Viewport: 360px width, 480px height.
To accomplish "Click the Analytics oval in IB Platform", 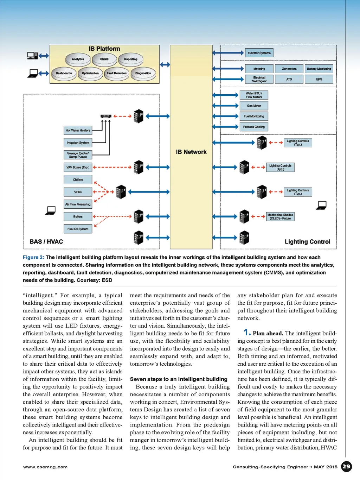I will (x=78, y=59).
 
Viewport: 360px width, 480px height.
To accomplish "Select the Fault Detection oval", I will (x=116, y=73).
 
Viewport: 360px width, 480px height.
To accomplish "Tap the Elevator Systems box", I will (x=259, y=53).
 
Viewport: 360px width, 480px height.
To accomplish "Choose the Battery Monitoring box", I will (x=319, y=69).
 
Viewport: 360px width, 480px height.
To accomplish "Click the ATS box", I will (x=289, y=79).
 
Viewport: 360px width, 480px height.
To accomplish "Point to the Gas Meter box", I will (x=254, y=106).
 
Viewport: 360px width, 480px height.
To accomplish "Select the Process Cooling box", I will (x=254, y=127).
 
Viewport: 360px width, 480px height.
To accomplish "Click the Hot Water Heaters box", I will (x=78, y=130).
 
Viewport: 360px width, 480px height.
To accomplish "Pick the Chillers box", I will (x=78, y=179).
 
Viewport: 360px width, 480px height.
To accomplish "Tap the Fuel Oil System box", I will (x=78, y=229).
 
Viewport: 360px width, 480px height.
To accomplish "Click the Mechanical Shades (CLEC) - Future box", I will (x=280, y=216).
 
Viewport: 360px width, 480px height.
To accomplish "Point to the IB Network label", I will (x=191, y=152).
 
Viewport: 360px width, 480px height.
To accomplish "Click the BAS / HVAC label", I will (x=46, y=242).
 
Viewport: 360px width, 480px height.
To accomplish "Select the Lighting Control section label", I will (x=307, y=242).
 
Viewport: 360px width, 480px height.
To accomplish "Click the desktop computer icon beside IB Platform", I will (x=32, y=56).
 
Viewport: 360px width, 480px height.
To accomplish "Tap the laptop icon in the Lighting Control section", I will (x=321, y=205).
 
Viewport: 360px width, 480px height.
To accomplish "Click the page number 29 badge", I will (x=346, y=467).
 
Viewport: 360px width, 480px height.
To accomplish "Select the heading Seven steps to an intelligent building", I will (x=179, y=379).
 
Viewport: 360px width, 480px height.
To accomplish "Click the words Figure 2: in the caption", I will (x=33, y=257).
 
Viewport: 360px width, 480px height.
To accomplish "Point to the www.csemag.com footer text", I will (x=45, y=467).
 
